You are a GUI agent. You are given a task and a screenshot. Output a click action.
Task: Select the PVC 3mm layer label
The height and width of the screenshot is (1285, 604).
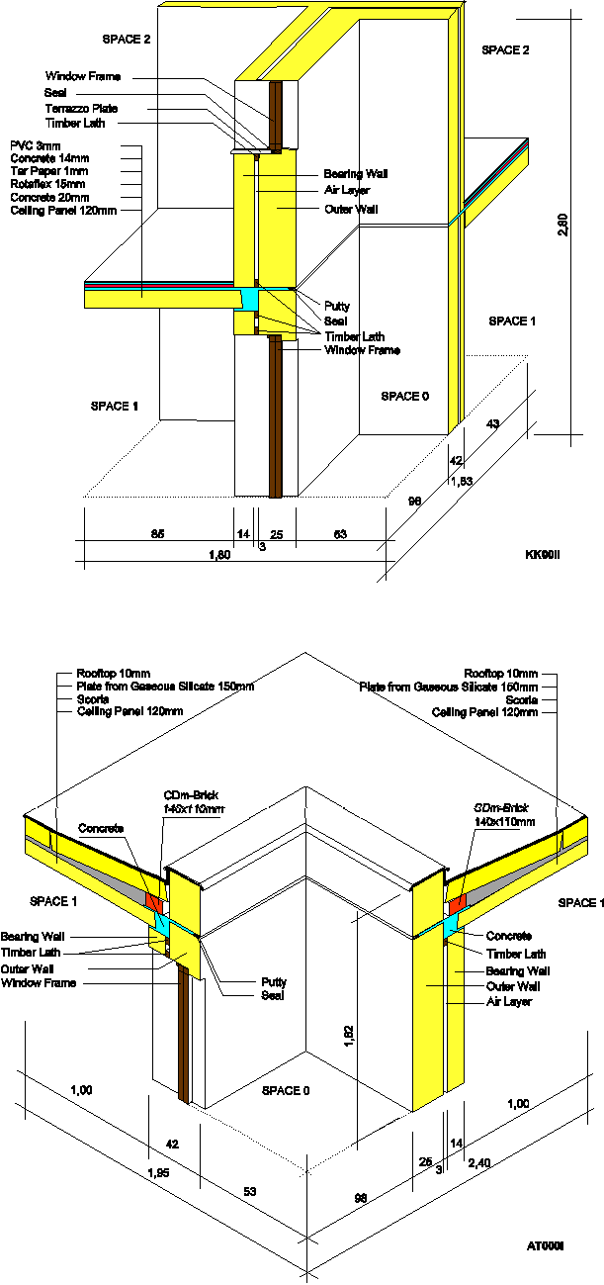[34, 145]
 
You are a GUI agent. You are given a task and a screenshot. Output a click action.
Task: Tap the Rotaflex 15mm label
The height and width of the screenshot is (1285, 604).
[47, 184]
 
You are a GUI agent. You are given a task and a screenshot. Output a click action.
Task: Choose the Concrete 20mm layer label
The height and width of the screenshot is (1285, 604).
[48, 197]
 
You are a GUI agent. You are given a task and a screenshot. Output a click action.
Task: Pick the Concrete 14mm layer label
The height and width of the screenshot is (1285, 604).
[48, 158]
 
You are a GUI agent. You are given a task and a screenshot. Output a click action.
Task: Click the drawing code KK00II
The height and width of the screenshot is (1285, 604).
[542, 555]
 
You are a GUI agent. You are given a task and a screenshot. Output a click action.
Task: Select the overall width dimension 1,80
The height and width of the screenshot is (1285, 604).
[218, 555]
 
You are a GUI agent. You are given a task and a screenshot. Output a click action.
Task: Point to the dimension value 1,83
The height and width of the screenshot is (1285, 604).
[461, 482]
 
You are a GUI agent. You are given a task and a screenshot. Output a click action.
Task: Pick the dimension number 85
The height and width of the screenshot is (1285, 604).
[157, 535]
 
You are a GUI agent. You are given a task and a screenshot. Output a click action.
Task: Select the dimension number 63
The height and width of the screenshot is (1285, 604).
[339, 535]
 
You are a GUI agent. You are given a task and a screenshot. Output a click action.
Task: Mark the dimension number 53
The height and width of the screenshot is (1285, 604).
[251, 1192]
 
